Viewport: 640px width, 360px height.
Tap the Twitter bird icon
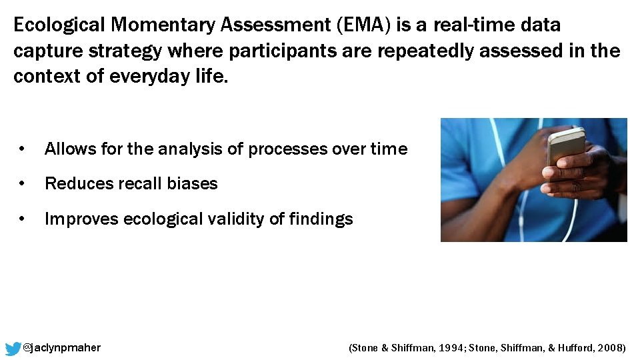point(13,349)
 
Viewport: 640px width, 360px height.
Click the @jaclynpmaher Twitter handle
point(62,348)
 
